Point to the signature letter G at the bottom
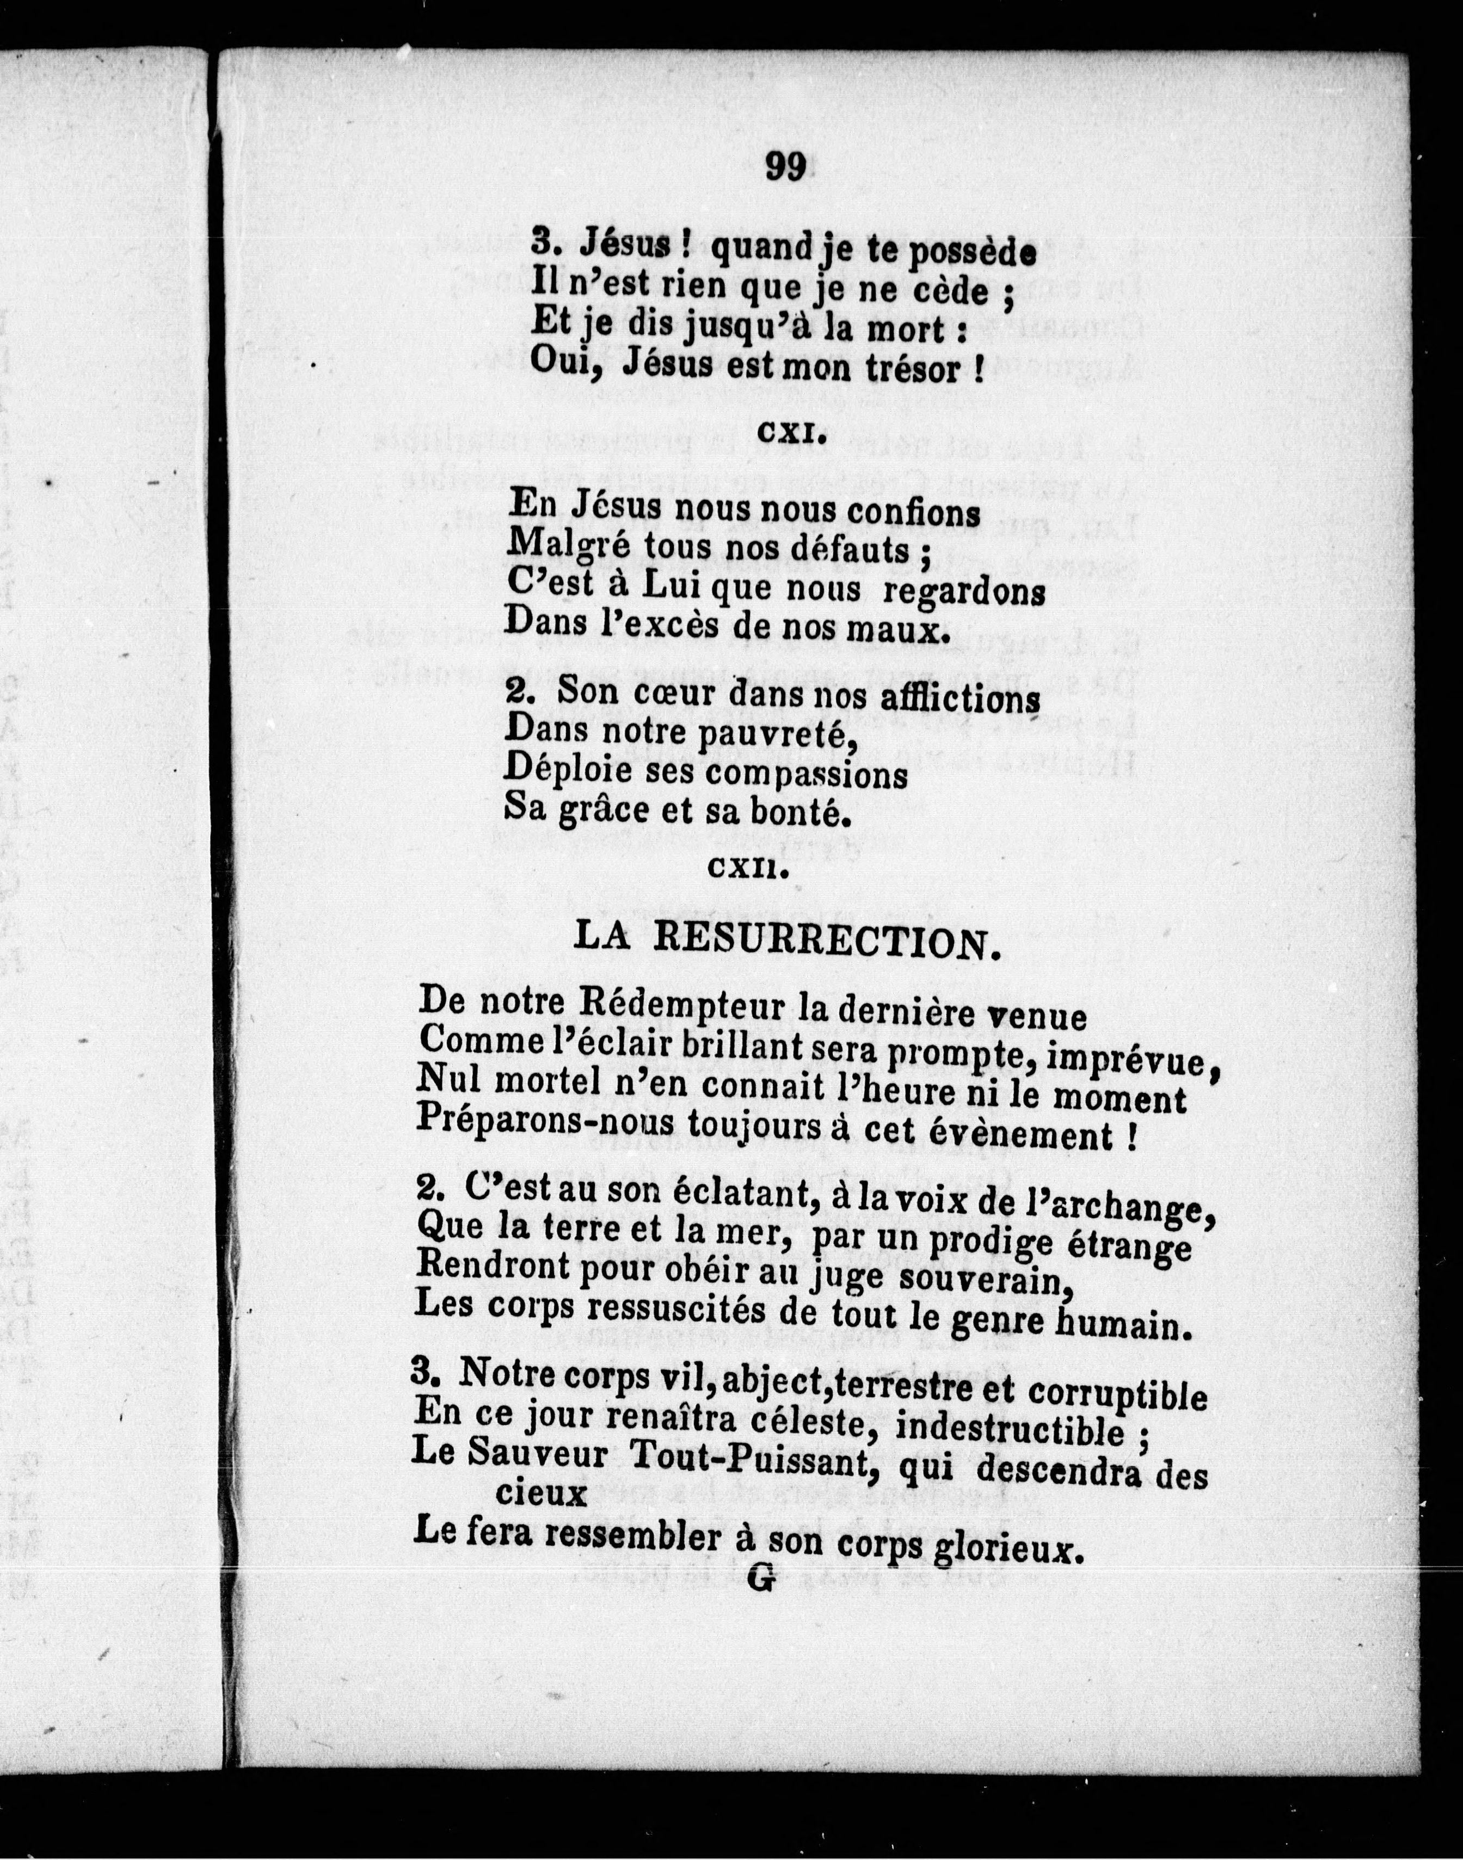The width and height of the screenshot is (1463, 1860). click(x=761, y=1578)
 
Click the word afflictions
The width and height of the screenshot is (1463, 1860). click(x=960, y=698)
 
